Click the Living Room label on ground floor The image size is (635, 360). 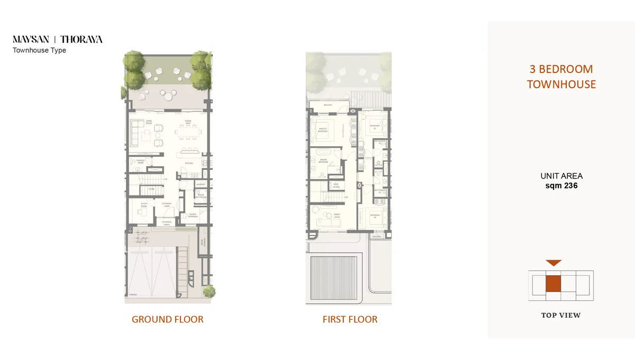pos(142,123)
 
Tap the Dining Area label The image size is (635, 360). pos(188,122)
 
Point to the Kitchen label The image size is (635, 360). pos(189,163)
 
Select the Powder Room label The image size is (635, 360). pos(140,159)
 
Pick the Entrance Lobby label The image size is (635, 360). pos(166,203)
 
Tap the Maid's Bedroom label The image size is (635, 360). pos(193,215)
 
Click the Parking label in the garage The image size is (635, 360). pos(132,295)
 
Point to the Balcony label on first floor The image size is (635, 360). pos(328,105)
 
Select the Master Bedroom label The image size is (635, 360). pos(323,129)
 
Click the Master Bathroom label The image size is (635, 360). pos(322,161)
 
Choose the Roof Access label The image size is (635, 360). pos(336,185)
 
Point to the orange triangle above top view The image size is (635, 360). pos(553,263)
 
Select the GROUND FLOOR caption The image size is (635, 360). pos(167,319)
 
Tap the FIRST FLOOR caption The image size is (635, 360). pos(350,319)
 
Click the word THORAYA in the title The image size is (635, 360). pos(81,39)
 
